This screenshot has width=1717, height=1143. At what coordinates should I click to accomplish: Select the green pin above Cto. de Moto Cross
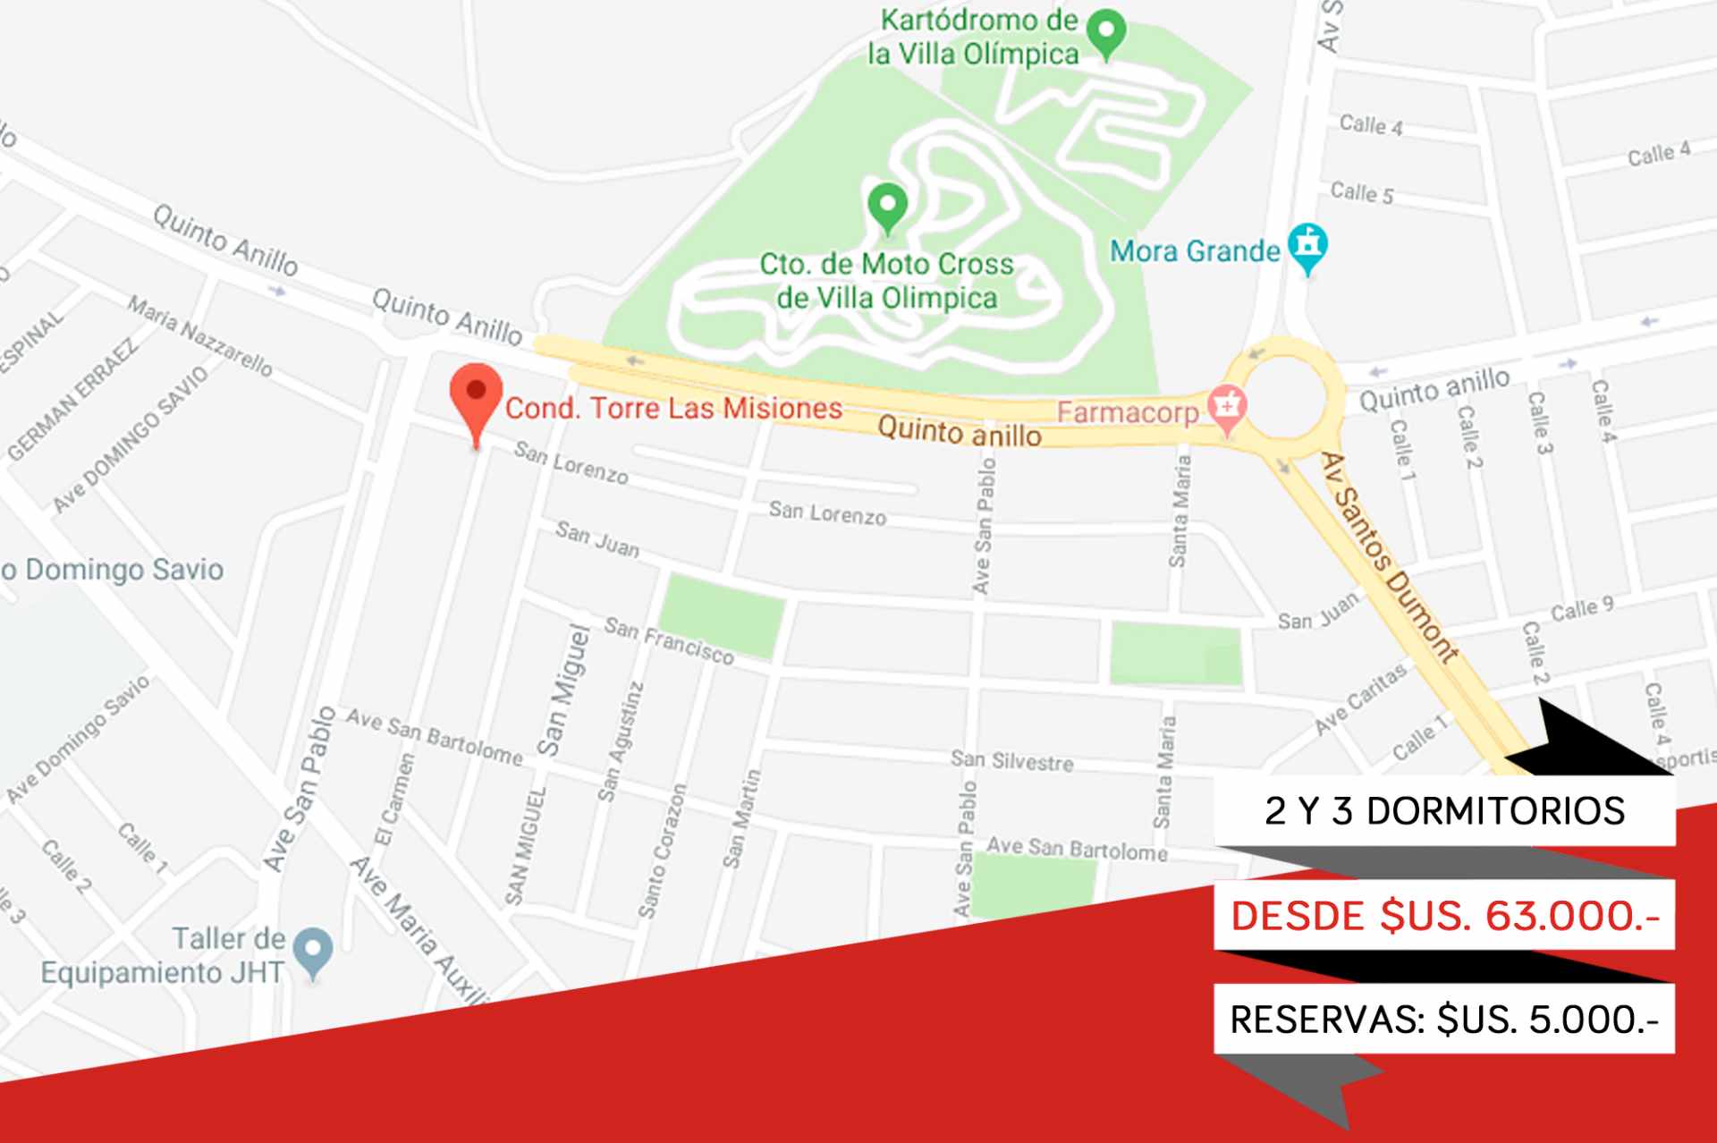887,206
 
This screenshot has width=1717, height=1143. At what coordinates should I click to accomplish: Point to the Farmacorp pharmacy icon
1227,408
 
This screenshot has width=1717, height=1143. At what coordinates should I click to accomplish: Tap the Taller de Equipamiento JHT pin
313,952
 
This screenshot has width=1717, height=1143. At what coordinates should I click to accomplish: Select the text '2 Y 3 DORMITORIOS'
1444,811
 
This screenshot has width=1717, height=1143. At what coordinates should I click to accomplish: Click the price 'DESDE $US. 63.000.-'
1444,916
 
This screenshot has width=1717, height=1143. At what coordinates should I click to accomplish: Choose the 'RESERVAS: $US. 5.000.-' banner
1444,1020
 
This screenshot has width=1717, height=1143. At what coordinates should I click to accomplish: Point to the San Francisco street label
669,640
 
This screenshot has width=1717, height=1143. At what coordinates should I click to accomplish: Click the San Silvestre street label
1011,760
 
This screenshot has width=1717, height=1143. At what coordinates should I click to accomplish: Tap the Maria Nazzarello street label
199,335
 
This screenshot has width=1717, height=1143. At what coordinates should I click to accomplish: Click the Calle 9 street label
1581,609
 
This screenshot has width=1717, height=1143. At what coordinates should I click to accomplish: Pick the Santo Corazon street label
662,851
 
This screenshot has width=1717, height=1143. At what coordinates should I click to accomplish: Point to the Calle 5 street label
1361,192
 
